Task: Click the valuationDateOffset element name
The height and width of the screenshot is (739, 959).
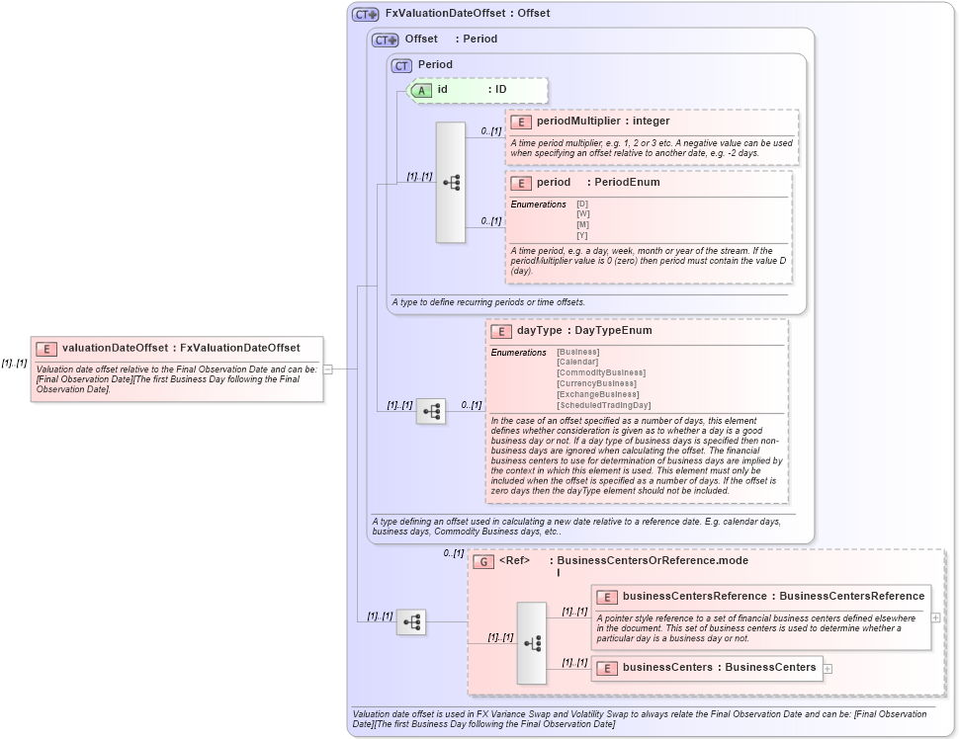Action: (115, 348)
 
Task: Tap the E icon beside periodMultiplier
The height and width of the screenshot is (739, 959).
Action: (521, 122)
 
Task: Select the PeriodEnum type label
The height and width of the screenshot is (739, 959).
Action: (627, 182)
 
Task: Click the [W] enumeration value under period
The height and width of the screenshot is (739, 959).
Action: (582, 213)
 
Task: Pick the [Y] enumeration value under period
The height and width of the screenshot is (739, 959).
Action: (582, 235)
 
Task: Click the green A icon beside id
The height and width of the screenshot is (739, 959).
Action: (421, 90)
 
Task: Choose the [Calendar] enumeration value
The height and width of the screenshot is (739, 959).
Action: (577, 363)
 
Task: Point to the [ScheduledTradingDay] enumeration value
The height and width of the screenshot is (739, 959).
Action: (604, 405)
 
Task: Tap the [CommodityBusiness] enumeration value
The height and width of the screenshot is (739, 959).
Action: (601, 373)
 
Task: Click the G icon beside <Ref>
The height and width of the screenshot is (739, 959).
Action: (483, 561)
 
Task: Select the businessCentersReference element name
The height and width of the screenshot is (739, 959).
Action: (694, 596)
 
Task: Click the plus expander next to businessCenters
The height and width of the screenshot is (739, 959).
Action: (828, 668)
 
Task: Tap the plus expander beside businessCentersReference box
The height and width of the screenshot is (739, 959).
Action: (935, 617)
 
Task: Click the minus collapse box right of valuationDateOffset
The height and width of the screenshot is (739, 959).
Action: (328, 369)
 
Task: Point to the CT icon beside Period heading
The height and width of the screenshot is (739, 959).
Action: (401, 65)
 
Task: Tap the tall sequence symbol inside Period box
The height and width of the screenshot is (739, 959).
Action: (451, 183)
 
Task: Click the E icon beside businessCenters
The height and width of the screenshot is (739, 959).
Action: (606, 668)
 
